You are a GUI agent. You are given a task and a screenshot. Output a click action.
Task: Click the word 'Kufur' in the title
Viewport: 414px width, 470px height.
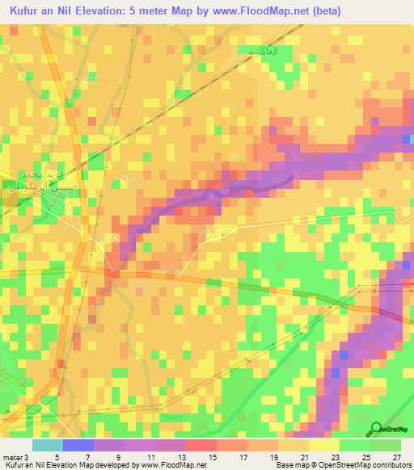(28, 11)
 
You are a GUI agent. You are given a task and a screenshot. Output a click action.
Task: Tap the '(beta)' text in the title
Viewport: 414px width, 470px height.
(323, 11)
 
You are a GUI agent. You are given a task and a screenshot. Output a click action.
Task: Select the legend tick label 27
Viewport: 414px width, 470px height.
(395, 456)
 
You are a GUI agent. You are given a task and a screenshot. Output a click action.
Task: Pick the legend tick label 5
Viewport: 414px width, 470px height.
(57, 456)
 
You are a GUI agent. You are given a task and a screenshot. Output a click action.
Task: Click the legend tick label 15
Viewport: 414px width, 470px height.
(212, 456)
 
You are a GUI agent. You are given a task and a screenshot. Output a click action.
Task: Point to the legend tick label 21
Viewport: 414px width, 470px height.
(303, 456)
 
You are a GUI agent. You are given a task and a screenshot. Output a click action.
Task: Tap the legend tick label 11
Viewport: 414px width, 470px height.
(150, 456)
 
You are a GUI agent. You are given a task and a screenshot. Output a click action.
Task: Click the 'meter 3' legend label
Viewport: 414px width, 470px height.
(15, 456)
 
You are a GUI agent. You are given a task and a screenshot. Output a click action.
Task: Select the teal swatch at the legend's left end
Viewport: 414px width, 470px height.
(48, 445)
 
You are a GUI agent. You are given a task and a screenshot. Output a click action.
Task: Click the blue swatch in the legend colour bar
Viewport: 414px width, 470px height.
(78, 445)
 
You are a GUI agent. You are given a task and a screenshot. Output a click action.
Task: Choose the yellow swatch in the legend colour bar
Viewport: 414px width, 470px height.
(323, 445)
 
